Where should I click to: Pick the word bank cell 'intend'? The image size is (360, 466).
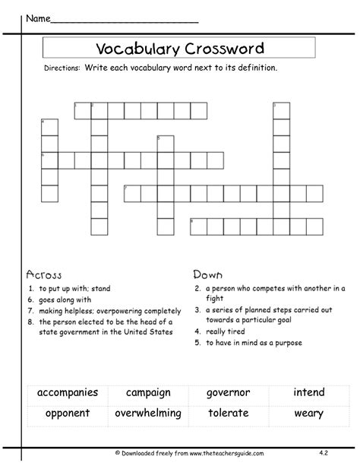pyautogui.click(x=308, y=393)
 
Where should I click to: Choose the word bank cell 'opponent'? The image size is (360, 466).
pyautogui.click(x=68, y=414)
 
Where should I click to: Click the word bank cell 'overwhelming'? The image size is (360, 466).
pyautogui.click(x=148, y=414)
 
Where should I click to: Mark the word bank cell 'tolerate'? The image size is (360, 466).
pyautogui.click(x=228, y=414)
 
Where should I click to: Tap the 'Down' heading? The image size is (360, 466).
pyautogui.click(x=207, y=274)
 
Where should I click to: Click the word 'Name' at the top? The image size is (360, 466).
pyautogui.click(x=38, y=16)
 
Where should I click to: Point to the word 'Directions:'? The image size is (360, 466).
pyautogui.click(x=61, y=68)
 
